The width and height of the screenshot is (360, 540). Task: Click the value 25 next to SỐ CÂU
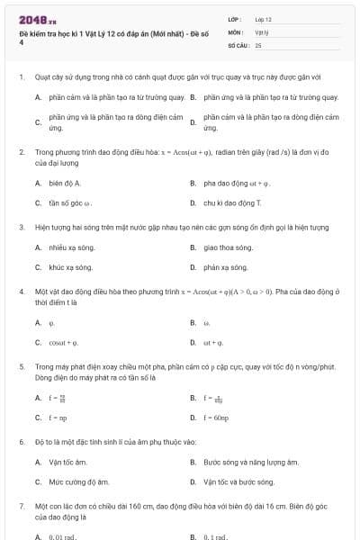(258, 44)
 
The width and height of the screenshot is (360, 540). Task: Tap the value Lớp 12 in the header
(263, 19)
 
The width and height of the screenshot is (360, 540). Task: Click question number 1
(21, 77)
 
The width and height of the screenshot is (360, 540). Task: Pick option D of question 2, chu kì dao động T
(220, 202)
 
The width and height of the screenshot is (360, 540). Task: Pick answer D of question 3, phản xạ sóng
(225, 267)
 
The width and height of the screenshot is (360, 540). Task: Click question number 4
(21, 292)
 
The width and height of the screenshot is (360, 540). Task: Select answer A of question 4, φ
(51, 322)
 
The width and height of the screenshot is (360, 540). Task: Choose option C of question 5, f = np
(57, 418)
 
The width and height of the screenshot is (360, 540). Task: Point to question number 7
(21, 508)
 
